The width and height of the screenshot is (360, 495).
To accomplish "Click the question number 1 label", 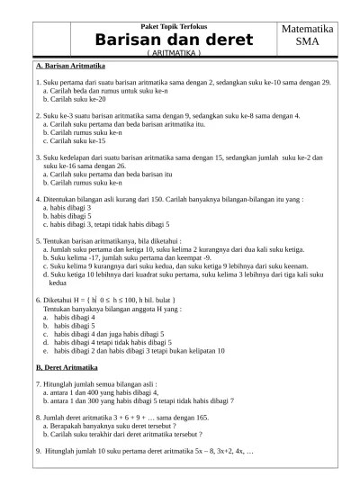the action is coord(38,83).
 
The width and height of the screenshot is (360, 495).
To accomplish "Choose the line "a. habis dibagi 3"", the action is coord(67,207).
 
